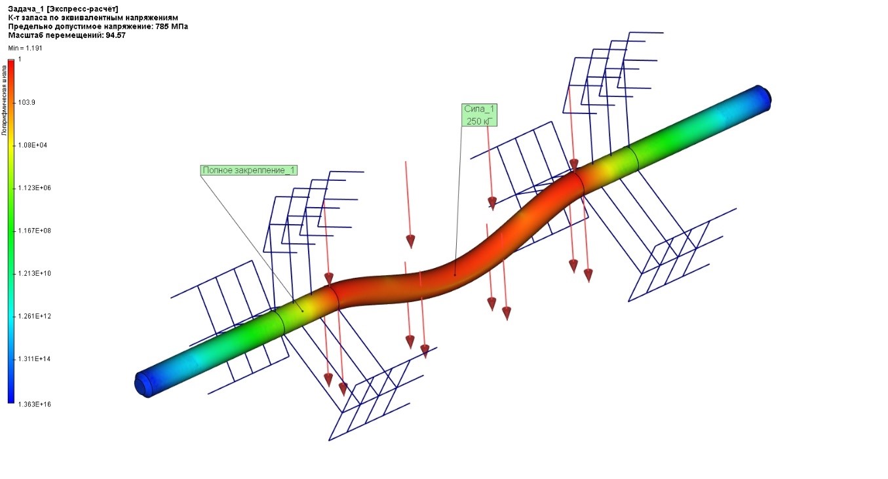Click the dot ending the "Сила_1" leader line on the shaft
coord(455,275)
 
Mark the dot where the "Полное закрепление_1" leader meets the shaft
coord(303,311)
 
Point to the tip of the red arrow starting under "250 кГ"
coord(492,210)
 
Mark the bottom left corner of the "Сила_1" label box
coord(462,126)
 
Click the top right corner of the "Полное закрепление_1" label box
coord(297,165)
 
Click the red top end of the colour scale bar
coord(11,61)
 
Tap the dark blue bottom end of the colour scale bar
coord(11,400)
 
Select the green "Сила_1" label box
coord(479,115)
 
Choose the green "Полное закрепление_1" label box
coord(248,170)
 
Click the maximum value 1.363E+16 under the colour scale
coord(35,404)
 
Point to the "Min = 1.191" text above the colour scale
coord(25,48)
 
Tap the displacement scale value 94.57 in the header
coord(116,35)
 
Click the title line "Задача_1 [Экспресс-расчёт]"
coord(63,9)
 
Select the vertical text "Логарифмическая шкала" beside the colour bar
coord(5,100)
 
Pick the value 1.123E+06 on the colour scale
coord(35,188)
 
